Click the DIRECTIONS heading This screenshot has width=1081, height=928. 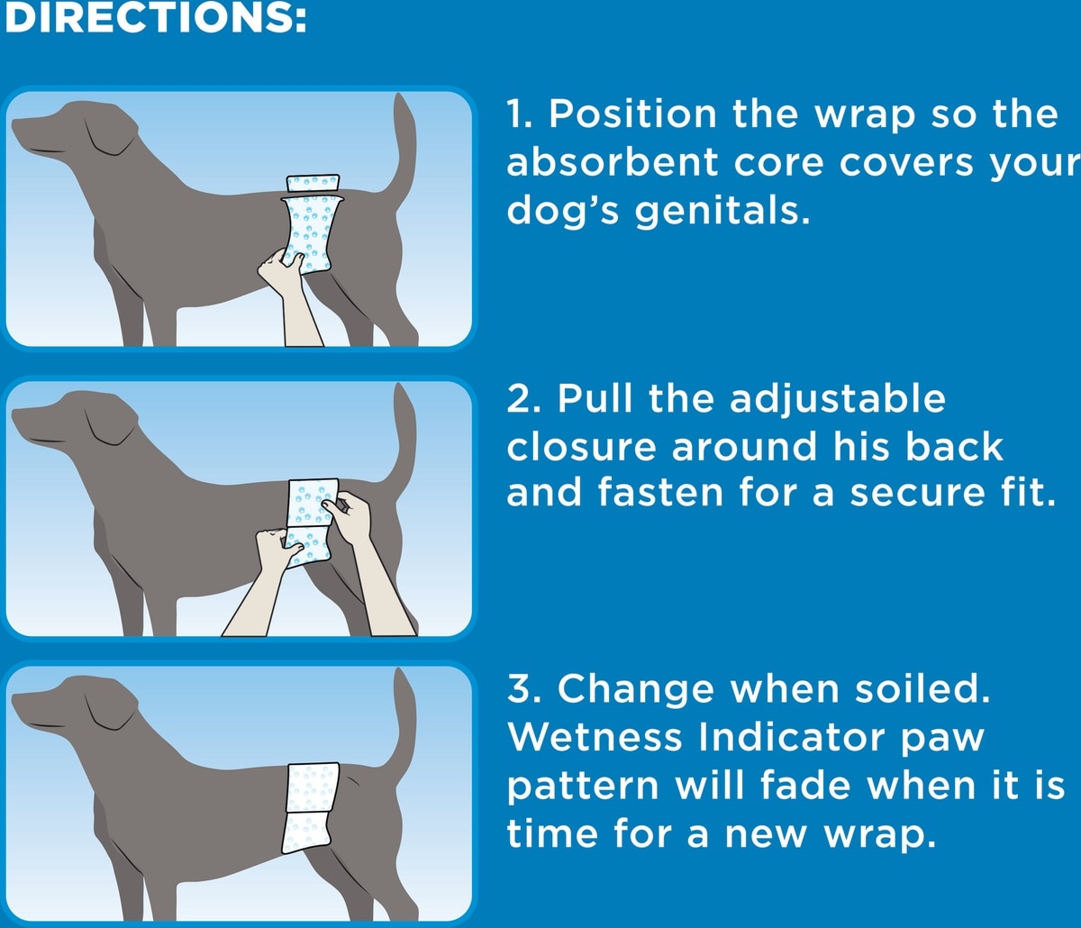[x=155, y=18]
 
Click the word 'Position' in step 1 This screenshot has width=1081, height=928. [x=631, y=114]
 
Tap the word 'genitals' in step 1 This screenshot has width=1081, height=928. [x=722, y=211]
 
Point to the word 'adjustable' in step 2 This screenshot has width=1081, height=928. [x=838, y=400]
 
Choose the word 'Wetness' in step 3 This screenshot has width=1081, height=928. [x=595, y=737]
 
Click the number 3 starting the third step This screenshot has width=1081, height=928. [x=517, y=689]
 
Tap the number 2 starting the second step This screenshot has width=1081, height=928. [x=517, y=400]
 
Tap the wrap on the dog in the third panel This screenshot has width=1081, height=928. [x=310, y=809]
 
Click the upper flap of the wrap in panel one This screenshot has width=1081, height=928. [x=313, y=183]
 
